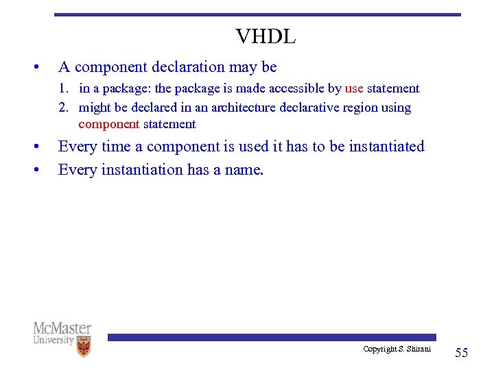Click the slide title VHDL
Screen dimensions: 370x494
pos(266,37)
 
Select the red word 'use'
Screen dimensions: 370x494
pos(354,88)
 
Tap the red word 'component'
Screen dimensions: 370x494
pos(109,125)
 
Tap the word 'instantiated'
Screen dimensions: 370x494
pos(386,147)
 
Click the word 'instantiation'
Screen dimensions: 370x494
pos(141,169)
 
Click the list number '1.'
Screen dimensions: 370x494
pos(64,88)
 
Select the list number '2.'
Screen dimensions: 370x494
pos(64,108)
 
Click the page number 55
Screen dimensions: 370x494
pos(462,353)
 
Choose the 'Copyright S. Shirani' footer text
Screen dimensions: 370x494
pos(397,349)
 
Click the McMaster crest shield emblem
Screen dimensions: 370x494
pos(83,346)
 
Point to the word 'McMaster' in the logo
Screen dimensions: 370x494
pos(62,328)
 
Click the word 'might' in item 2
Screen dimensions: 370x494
pos(95,108)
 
